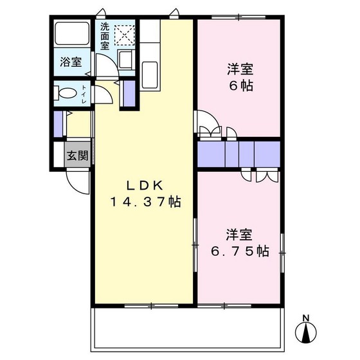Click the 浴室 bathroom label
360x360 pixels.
pyautogui.click(x=71, y=62)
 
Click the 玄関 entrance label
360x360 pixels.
pyautogui.click(x=78, y=155)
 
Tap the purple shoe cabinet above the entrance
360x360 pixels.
pyautogui.click(x=59, y=124)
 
